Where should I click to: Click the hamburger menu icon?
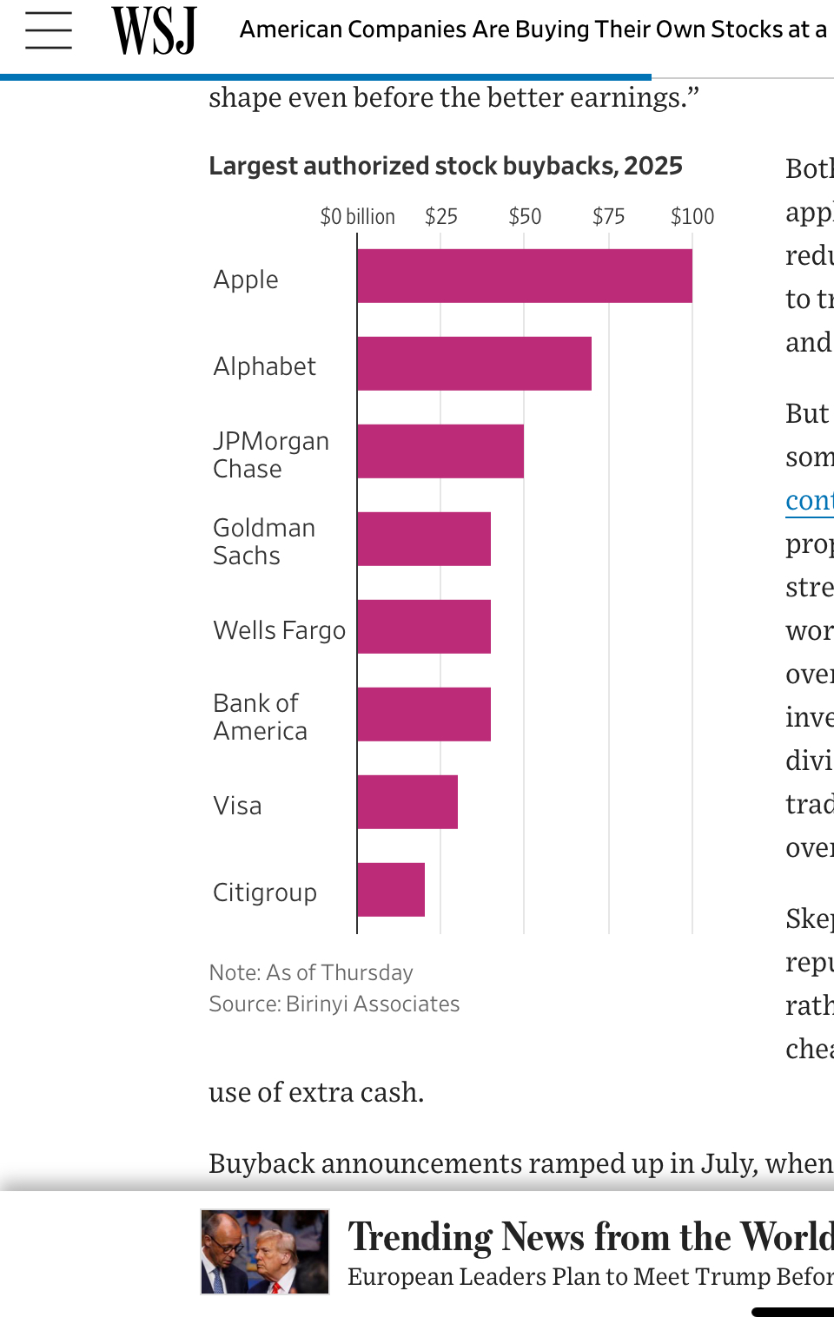49,30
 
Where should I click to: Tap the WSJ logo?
155,30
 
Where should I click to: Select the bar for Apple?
524,276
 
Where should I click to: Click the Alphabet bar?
473,364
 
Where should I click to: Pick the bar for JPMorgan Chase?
440,451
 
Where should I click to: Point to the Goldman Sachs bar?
423,539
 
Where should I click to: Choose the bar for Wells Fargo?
423,627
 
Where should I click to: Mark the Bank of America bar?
423,714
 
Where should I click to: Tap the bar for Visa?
407,802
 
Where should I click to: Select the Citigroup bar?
390,890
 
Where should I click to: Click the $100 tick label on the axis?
692,216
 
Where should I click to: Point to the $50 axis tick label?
525,216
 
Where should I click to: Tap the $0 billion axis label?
357,216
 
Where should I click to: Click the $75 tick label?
608,216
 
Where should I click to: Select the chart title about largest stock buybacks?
446,166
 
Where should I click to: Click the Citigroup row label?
265,892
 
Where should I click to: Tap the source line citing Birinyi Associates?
334,1004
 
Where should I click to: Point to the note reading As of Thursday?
311,972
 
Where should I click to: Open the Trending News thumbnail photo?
265,1252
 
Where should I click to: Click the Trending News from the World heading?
591,1236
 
